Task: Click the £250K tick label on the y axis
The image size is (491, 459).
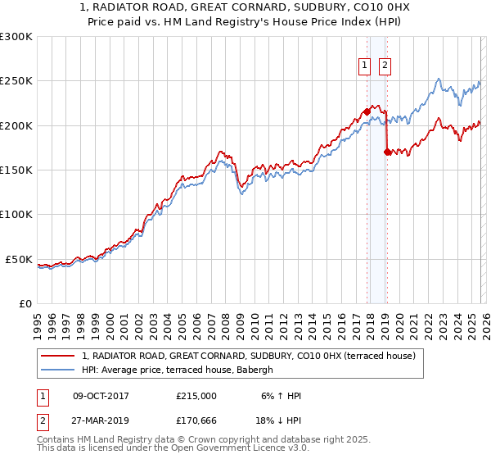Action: click(16, 81)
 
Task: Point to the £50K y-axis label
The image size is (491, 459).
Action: click(19, 259)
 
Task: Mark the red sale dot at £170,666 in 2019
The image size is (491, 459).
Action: click(387, 152)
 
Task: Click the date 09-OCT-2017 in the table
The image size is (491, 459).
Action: click(101, 396)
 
